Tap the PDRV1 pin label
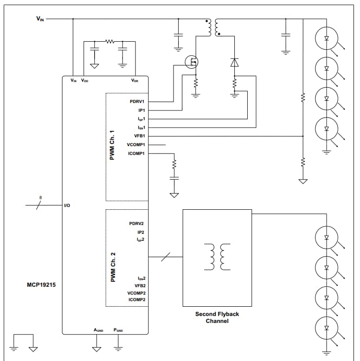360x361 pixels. (x=137, y=101)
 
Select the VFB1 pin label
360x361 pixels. (x=140, y=136)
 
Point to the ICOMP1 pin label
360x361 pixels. (x=136, y=154)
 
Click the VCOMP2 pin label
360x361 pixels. (x=136, y=293)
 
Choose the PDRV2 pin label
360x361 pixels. (x=137, y=224)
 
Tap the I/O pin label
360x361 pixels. (x=67, y=205)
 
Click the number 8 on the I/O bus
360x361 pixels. (x=40, y=198)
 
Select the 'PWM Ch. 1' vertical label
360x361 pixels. (x=112, y=146)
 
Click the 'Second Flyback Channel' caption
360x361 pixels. (x=217, y=317)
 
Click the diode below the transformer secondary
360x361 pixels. (x=235, y=62)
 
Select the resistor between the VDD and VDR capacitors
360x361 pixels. (x=109, y=42)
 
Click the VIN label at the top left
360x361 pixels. (x=40, y=19)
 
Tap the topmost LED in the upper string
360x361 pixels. (x=327, y=39)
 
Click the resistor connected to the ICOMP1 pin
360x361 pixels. (x=174, y=165)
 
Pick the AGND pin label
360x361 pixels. (x=98, y=330)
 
